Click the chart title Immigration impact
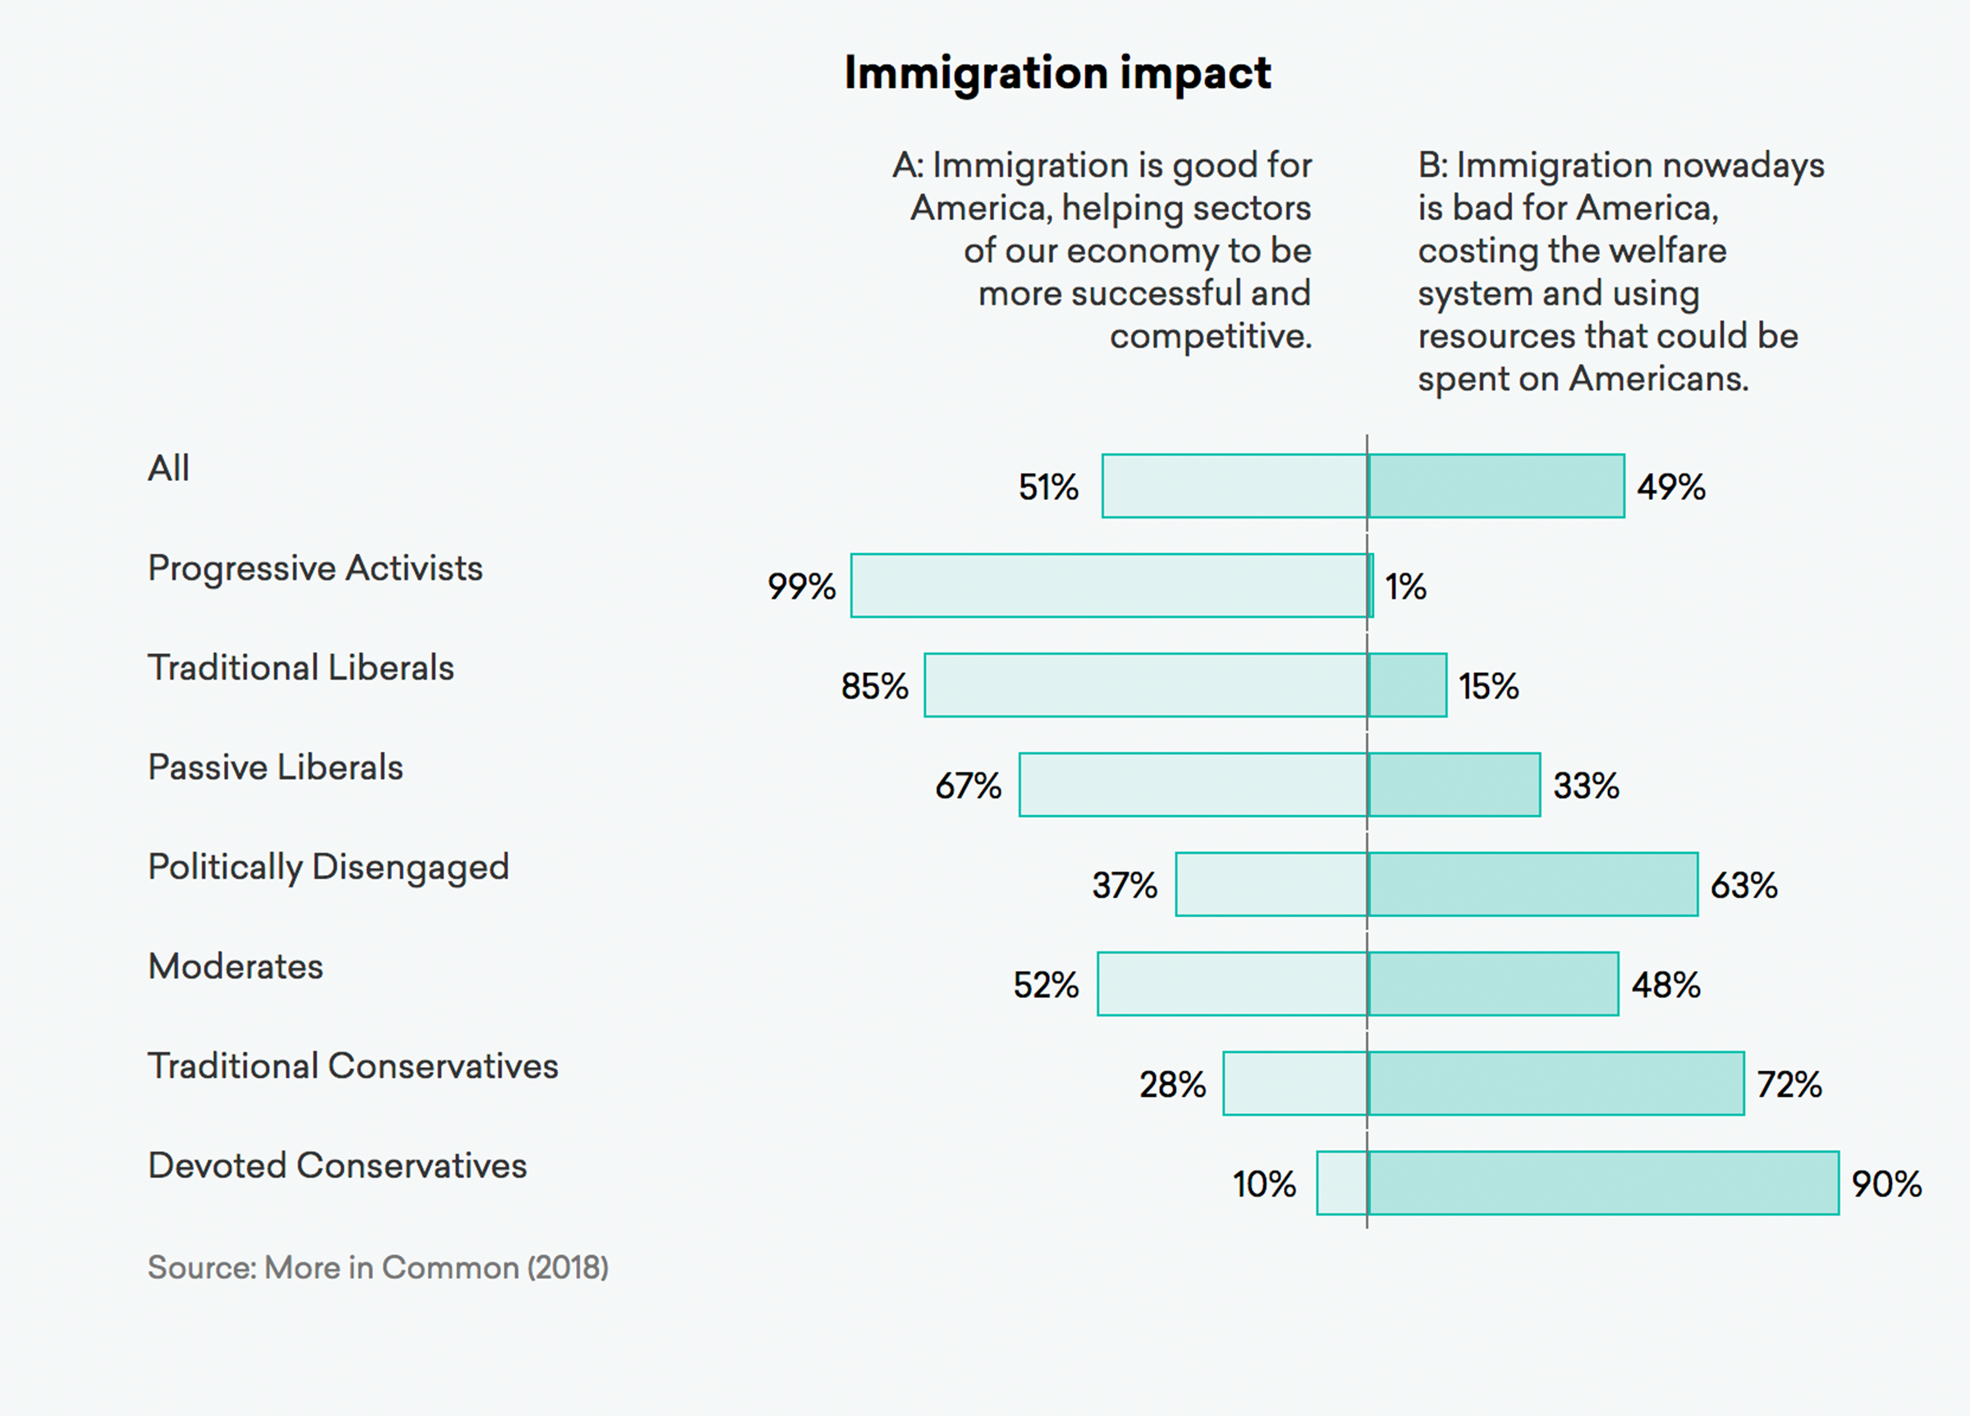coord(1057,72)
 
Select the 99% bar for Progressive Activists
coord(1108,585)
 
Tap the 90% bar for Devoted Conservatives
coord(1602,1182)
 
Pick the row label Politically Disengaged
coord(328,867)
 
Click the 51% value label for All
coord(1047,487)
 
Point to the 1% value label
coord(1404,586)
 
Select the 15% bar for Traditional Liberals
coord(1407,685)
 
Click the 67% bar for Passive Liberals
coord(1193,785)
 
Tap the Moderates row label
coord(236,966)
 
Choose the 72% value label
coord(1789,1084)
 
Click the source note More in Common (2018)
coord(378,1267)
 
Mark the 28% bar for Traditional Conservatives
coord(1294,1084)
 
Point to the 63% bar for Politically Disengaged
coord(1532,884)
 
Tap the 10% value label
coord(1264,1184)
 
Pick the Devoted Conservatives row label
coord(337,1166)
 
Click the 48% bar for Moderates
coord(1492,983)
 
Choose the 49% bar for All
coord(1496,486)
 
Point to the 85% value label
coord(874,686)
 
